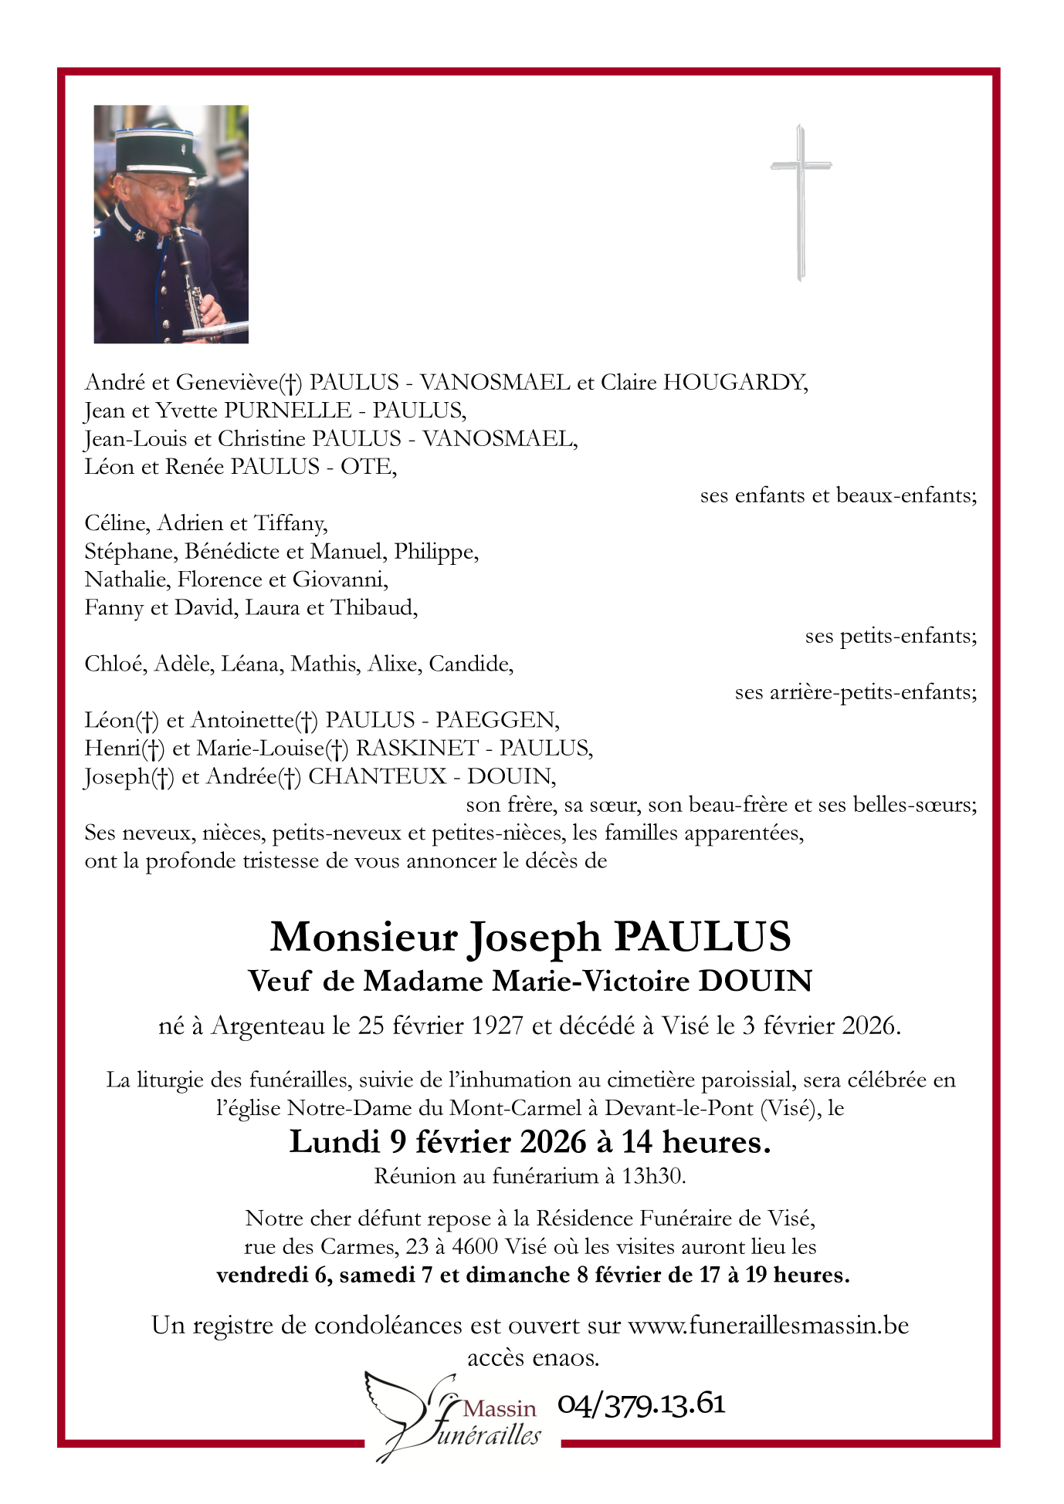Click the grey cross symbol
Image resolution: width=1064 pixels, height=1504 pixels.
coord(801,202)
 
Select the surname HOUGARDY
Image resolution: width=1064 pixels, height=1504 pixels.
coord(735,383)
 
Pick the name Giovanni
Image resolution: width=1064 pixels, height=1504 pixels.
coord(340,580)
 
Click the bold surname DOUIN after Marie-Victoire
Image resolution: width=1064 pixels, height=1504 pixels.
coord(755,982)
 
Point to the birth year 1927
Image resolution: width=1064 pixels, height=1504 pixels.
coord(499,1026)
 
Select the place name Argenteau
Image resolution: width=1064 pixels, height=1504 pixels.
coord(268,1026)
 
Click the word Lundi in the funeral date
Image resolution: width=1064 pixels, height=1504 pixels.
coord(335,1143)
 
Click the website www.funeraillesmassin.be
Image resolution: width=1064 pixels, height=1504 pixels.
coord(768,1326)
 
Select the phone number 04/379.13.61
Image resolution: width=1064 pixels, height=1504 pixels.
coord(641,1404)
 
